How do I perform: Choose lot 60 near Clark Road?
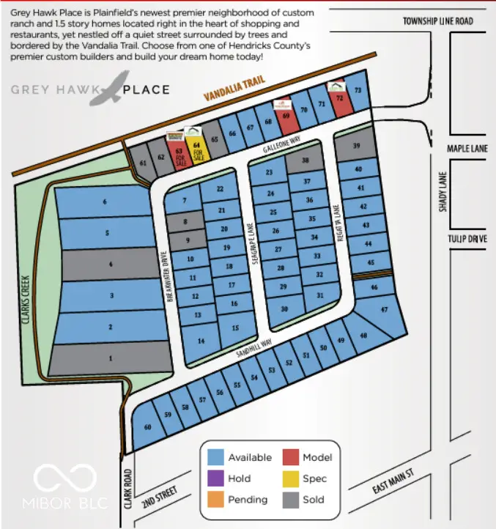(x=148, y=427)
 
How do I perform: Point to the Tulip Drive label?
(x=467, y=239)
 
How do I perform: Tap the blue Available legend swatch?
(x=216, y=457)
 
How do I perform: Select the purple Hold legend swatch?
(x=216, y=478)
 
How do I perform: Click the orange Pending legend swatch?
(x=216, y=500)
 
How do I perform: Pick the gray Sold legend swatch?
(x=292, y=500)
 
